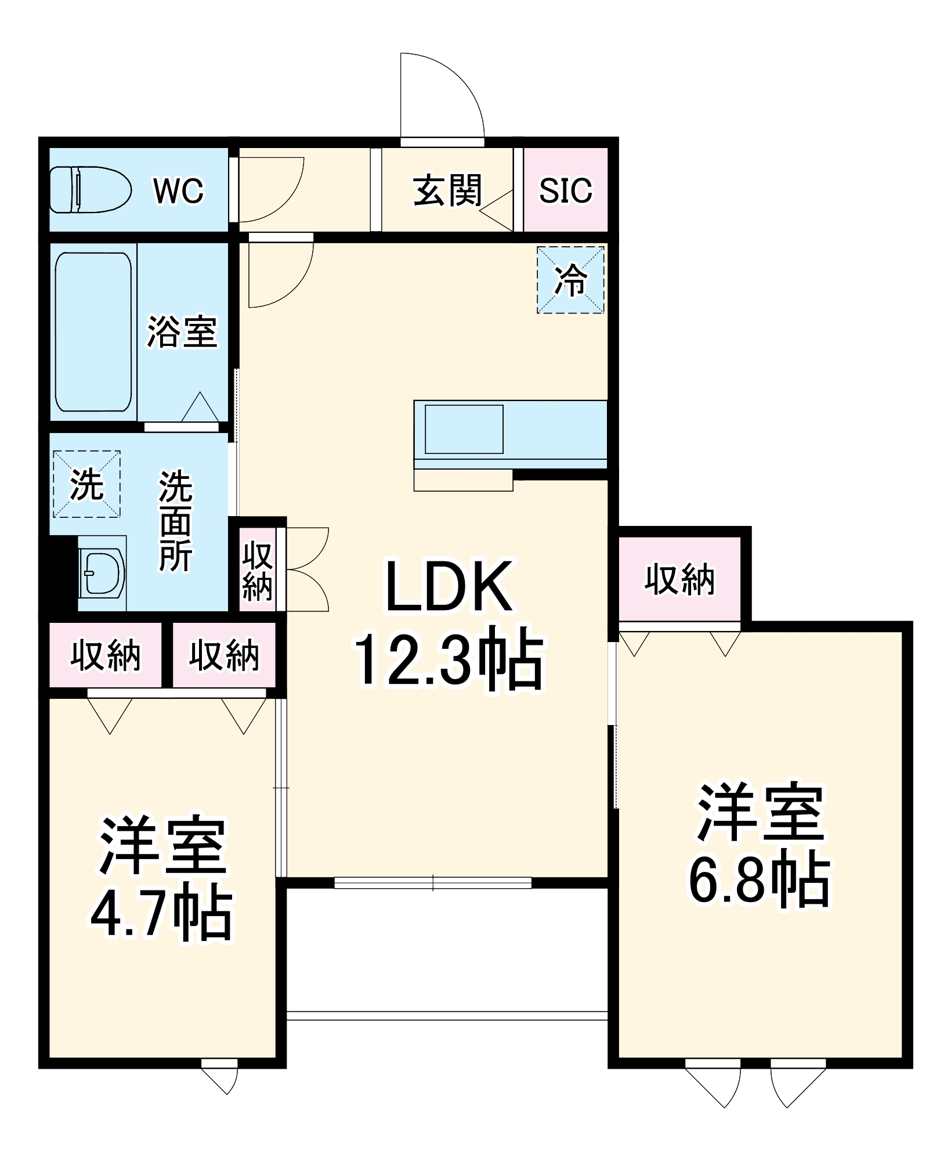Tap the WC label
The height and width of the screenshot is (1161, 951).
(x=178, y=190)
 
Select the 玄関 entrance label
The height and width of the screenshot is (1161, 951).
(x=447, y=190)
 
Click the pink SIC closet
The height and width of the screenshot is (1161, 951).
(x=566, y=190)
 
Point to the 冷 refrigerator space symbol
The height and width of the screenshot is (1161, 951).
(x=570, y=280)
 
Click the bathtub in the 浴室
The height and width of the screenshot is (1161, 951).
(x=93, y=331)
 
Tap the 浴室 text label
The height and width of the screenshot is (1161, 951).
(x=182, y=332)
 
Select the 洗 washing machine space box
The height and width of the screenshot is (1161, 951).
(x=86, y=484)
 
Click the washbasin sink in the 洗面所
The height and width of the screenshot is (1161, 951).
(x=103, y=574)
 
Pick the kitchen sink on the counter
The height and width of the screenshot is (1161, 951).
(x=464, y=429)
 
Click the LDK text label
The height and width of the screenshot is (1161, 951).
(x=449, y=587)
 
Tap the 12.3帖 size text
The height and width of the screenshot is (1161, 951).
(x=449, y=661)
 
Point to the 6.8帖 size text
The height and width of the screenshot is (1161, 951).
(x=760, y=879)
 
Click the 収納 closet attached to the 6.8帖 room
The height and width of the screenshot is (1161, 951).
(x=679, y=579)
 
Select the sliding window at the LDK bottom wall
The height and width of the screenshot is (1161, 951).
(x=433, y=883)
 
